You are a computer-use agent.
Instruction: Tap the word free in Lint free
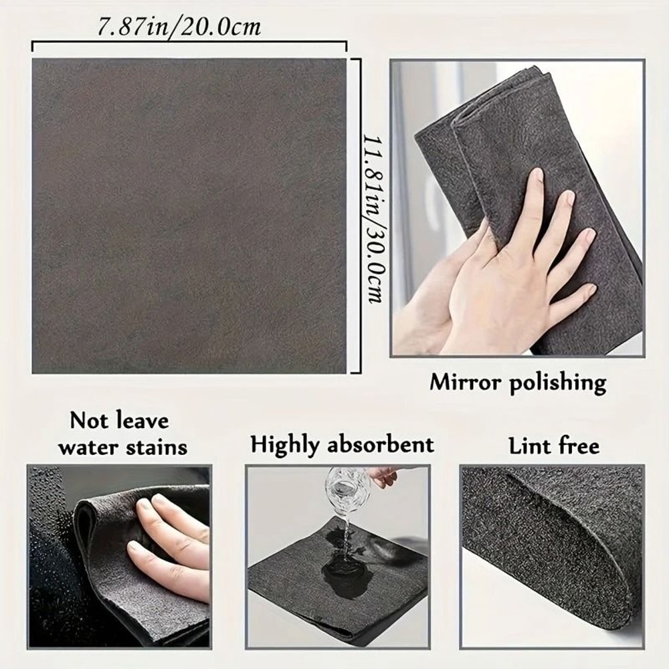coord(579,446)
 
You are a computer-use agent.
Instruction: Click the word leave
coord(140,421)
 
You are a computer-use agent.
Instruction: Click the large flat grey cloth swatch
coord(189,215)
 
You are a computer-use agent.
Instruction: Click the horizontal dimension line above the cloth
coord(189,44)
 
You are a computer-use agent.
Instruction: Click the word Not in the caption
coord(90,421)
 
